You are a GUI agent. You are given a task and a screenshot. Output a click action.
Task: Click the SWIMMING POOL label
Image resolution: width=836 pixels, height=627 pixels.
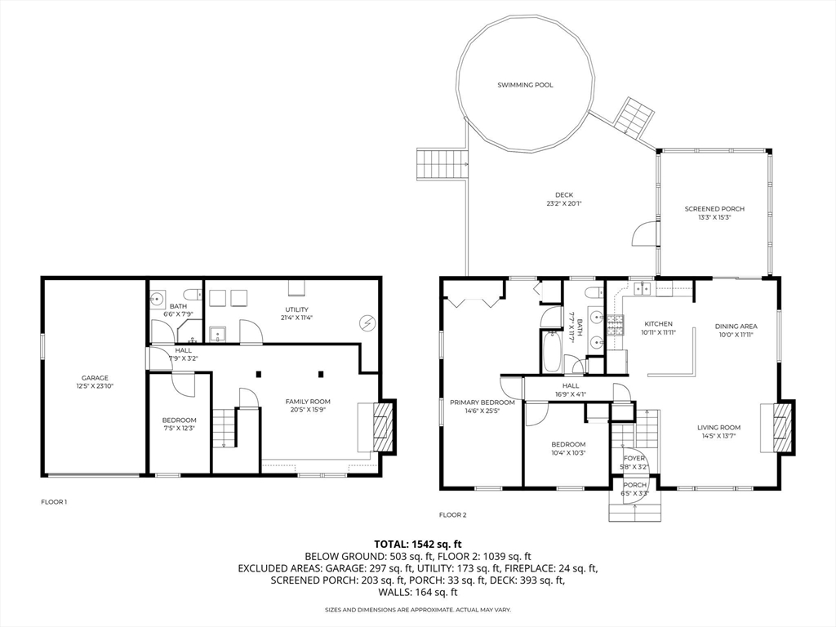(526, 85)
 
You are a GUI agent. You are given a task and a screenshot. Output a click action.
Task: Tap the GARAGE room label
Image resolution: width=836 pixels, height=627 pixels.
(95, 378)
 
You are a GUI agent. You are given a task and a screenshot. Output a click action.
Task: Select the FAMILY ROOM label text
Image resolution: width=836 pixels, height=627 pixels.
(307, 401)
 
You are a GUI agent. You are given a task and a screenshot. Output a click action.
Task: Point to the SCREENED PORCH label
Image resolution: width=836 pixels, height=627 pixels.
(714, 209)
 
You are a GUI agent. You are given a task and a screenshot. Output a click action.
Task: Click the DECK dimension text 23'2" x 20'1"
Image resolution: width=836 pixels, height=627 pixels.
(564, 203)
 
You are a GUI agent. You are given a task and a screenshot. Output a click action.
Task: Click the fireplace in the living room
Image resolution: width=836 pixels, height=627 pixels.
(782, 427)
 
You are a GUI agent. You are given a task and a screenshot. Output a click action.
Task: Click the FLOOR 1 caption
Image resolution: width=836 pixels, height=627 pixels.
(54, 501)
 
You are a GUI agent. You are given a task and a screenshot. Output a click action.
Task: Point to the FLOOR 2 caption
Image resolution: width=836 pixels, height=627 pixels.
(452, 514)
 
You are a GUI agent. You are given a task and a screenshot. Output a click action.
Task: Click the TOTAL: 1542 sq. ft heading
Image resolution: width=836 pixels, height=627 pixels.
(418, 543)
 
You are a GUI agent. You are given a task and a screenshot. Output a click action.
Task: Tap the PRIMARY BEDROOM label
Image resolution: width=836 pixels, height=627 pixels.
(482, 402)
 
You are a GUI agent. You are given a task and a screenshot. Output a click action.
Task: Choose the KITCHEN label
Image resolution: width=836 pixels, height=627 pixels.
(658, 324)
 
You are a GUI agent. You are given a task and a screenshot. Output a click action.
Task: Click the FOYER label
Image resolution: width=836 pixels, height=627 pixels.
(634, 458)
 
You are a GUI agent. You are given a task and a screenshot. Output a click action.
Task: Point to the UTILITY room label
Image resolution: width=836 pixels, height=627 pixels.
(296, 309)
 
